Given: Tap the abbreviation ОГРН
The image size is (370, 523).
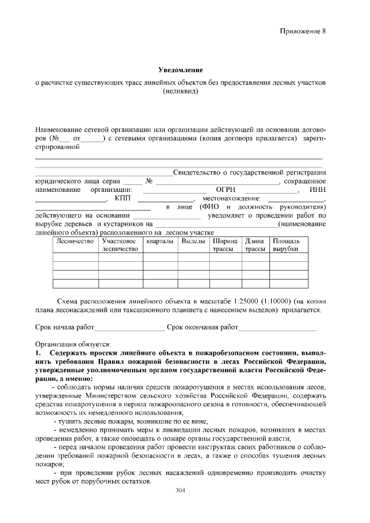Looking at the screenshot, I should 226,190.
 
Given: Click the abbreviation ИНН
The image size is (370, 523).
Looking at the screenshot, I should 317,190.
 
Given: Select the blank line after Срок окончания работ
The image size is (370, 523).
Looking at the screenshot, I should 277,328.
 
